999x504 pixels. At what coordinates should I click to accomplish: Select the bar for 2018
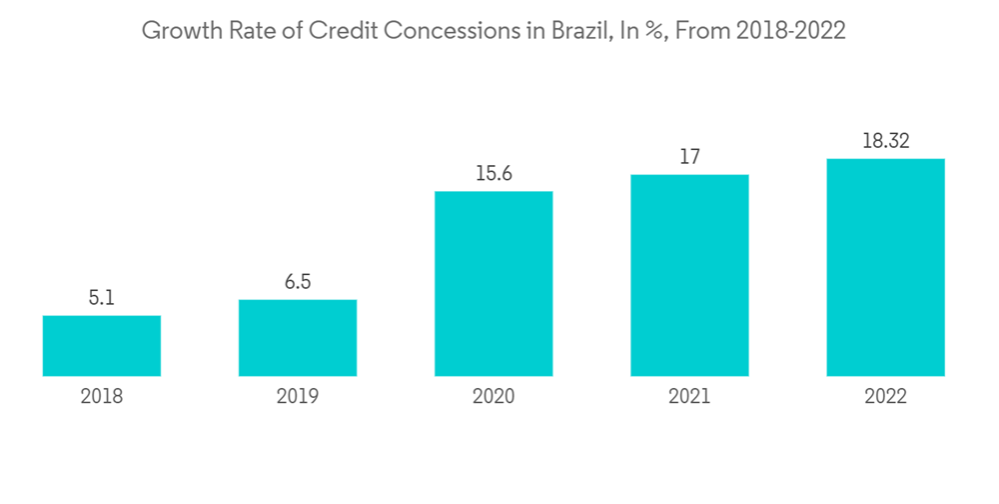coord(102,346)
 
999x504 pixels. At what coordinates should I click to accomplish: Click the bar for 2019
coord(298,338)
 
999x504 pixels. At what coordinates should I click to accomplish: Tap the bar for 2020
coord(494,283)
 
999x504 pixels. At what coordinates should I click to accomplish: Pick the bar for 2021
coord(689,275)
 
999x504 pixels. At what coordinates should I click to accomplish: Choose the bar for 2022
coord(885,267)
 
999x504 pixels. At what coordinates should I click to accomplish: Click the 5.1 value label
coord(102,298)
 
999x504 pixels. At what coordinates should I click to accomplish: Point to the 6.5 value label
coord(298,282)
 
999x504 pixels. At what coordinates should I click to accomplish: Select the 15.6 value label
coord(494,173)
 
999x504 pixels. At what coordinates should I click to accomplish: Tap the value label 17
coord(689,157)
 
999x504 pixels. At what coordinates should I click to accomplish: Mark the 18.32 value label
coord(885,141)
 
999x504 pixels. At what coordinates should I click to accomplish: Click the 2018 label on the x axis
coord(102,397)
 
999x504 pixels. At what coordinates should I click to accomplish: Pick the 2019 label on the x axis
coord(298,397)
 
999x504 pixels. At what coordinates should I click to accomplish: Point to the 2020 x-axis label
coord(494,397)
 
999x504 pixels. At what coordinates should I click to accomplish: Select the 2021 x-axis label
coord(689,397)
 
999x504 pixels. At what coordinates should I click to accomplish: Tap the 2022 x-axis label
coord(885,397)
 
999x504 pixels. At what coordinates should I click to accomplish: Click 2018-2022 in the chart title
coord(790,31)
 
